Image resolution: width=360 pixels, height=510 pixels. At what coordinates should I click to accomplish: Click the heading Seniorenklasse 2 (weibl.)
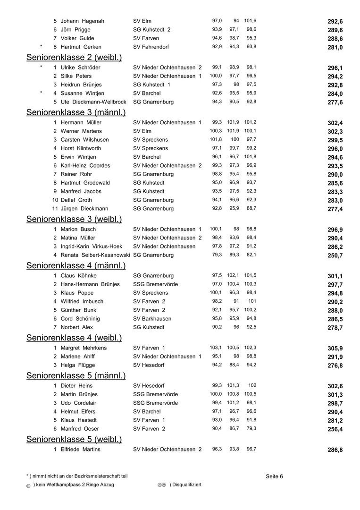(x=74, y=58)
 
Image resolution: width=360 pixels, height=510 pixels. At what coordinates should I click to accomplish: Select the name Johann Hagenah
(x=83, y=21)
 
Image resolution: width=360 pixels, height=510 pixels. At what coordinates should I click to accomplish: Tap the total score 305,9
(x=335, y=348)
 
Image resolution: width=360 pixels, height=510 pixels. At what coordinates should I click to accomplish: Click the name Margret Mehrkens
(x=84, y=348)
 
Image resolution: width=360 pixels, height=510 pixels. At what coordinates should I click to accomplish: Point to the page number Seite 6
(x=274, y=476)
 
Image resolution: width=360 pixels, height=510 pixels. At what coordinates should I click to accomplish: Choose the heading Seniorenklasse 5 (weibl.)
(x=74, y=440)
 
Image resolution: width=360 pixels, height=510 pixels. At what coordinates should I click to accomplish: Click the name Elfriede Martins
(x=80, y=450)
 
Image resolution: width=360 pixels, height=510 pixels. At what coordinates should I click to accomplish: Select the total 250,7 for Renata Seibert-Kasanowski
(x=335, y=255)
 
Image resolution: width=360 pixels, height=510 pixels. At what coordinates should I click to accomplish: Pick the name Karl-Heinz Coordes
(x=85, y=166)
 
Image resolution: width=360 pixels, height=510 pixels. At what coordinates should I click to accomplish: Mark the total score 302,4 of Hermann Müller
(x=335, y=123)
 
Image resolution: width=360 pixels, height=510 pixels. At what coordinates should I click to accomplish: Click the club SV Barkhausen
(x=152, y=319)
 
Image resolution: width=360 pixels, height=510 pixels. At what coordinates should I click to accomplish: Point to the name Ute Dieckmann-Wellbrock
(x=93, y=102)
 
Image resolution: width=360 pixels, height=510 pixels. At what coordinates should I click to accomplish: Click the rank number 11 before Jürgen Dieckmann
(x=55, y=209)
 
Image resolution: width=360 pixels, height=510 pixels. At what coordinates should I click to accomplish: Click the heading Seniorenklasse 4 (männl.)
(x=76, y=265)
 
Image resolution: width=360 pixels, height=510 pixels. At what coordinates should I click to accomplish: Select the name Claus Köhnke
(x=79, y=276)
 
